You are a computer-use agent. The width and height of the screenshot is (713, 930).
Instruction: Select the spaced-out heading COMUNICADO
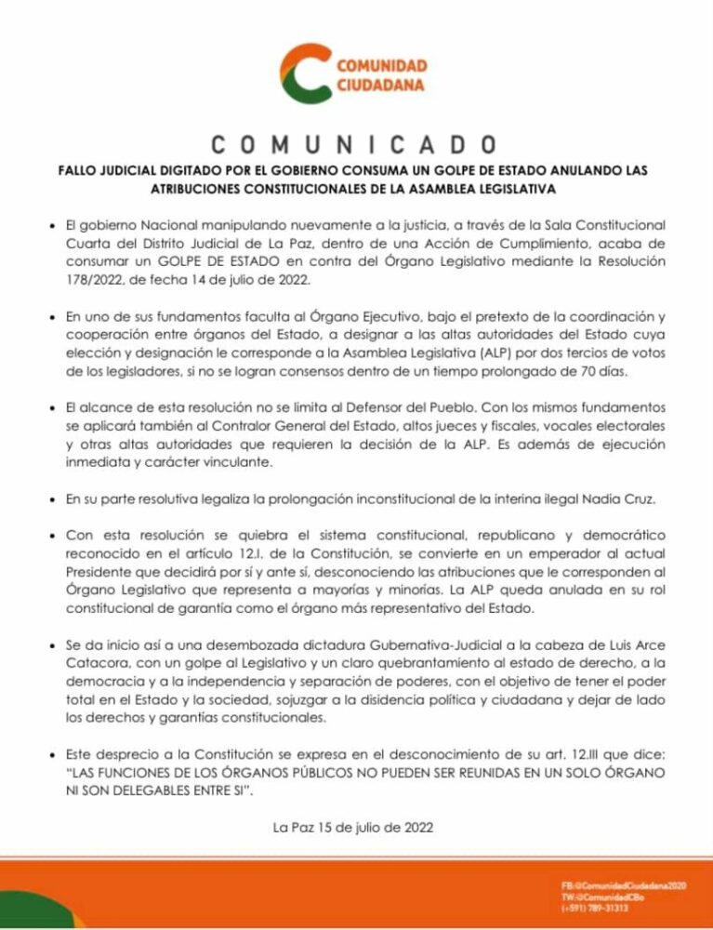click(355, 147)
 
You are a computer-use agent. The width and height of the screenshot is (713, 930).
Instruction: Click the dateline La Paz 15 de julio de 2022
click(355, 827)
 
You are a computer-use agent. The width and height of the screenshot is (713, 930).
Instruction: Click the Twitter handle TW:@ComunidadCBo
click(601, 897)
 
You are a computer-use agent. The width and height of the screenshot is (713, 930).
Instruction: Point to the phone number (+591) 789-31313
click(595, 908)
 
